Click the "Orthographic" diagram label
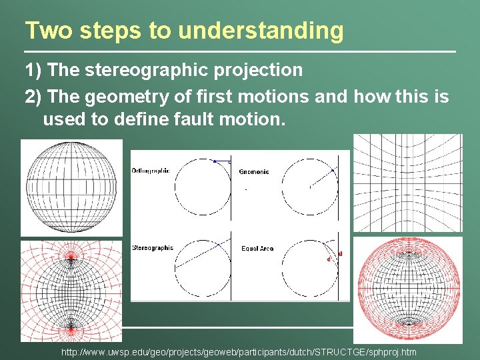tap(151, 171)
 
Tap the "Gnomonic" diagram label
tap(254, 172)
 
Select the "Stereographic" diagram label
tap(153, 248)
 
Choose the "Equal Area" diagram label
tap(257, 249)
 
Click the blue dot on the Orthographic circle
tap(214, 161)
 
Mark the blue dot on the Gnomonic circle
tap(333, 170)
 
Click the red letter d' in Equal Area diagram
tap(329, 259)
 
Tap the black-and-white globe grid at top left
tap(71, 187)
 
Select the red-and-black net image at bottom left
tap(71, 291)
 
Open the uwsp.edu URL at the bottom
tap(239, 352)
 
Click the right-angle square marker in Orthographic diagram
tap(229, 161)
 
